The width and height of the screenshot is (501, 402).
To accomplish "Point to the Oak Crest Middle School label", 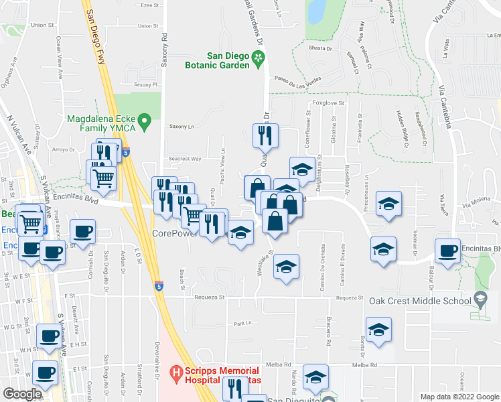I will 420,301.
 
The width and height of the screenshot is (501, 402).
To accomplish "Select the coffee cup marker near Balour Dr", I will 447,251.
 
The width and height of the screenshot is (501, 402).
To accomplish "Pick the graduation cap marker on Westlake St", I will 286,267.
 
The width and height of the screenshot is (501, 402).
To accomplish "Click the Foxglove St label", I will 328,103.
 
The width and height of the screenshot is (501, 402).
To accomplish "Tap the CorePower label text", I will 175,233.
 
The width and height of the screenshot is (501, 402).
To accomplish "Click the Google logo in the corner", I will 21,394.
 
